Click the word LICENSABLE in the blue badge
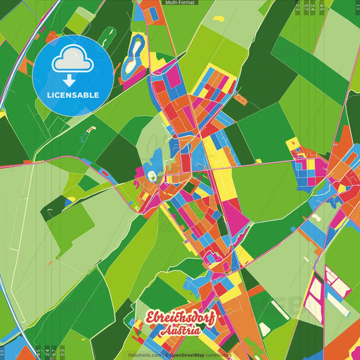74,95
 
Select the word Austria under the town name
180,331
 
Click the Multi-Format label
180,3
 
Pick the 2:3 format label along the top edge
298,8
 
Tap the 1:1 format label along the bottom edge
3,351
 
